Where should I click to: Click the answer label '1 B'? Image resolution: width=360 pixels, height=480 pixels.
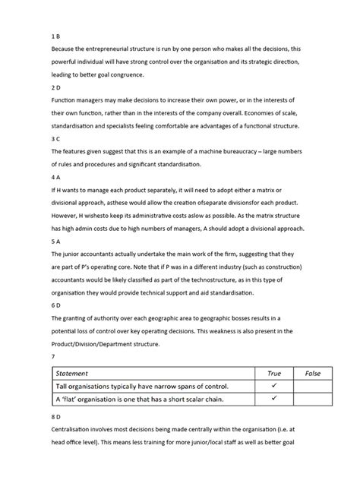click(55, 35)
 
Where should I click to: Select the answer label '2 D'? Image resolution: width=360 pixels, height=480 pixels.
click(55, 87)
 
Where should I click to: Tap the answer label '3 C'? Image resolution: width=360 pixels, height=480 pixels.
click(55, 140)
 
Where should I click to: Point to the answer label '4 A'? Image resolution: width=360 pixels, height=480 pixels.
click(55, 177)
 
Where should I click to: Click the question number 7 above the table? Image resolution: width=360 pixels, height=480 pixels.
click(52, 357)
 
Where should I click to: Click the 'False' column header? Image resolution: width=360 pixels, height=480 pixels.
click(312, 374)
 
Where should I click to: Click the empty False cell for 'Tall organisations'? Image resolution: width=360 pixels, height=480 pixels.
click(312, 387)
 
